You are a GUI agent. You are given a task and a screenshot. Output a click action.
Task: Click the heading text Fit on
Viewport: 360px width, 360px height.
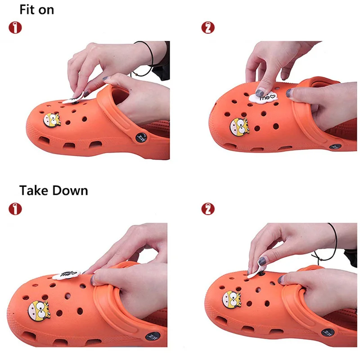(36, 9)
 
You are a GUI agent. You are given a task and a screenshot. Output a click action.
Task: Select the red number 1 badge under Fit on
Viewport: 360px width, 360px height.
(15, 27)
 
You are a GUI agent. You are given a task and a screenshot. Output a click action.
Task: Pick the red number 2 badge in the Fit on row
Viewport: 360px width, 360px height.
(207, 27)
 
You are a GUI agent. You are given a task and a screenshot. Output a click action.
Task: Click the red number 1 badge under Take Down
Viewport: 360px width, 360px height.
(15, 209)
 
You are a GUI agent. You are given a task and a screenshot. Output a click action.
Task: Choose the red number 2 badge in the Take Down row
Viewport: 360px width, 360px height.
(207, 209)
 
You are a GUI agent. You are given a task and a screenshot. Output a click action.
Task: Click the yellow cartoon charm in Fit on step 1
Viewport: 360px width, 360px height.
(52, 121)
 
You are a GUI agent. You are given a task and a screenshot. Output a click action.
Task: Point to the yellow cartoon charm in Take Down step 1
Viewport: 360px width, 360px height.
(39, 310)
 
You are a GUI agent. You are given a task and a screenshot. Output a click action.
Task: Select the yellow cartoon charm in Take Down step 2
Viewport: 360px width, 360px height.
(232, 299)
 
